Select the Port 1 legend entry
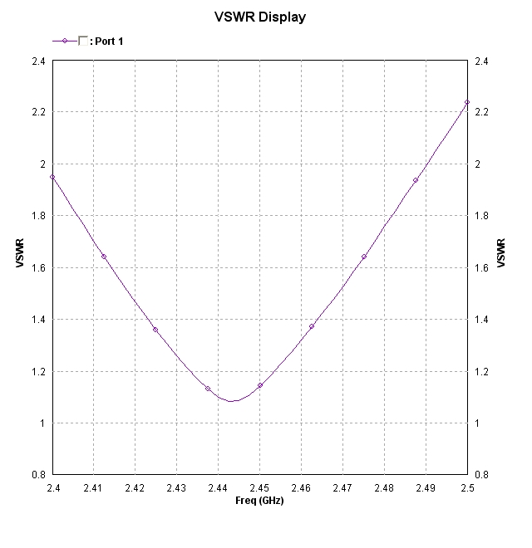(107, 41)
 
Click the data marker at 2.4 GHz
(52, 177)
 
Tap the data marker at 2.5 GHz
(467, 102)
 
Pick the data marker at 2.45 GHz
(260, 385)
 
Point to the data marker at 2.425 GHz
(155, 330)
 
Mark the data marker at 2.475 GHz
(364, 257)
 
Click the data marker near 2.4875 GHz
(416, 180)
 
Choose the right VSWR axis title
(500, 253)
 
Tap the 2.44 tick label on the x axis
(218, 488)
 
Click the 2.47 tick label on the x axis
(342, 488)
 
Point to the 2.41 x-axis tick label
(93, 488)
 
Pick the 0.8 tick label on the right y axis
(481, 475)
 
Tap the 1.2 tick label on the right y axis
(481, 372)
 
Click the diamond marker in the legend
(64, 41)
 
